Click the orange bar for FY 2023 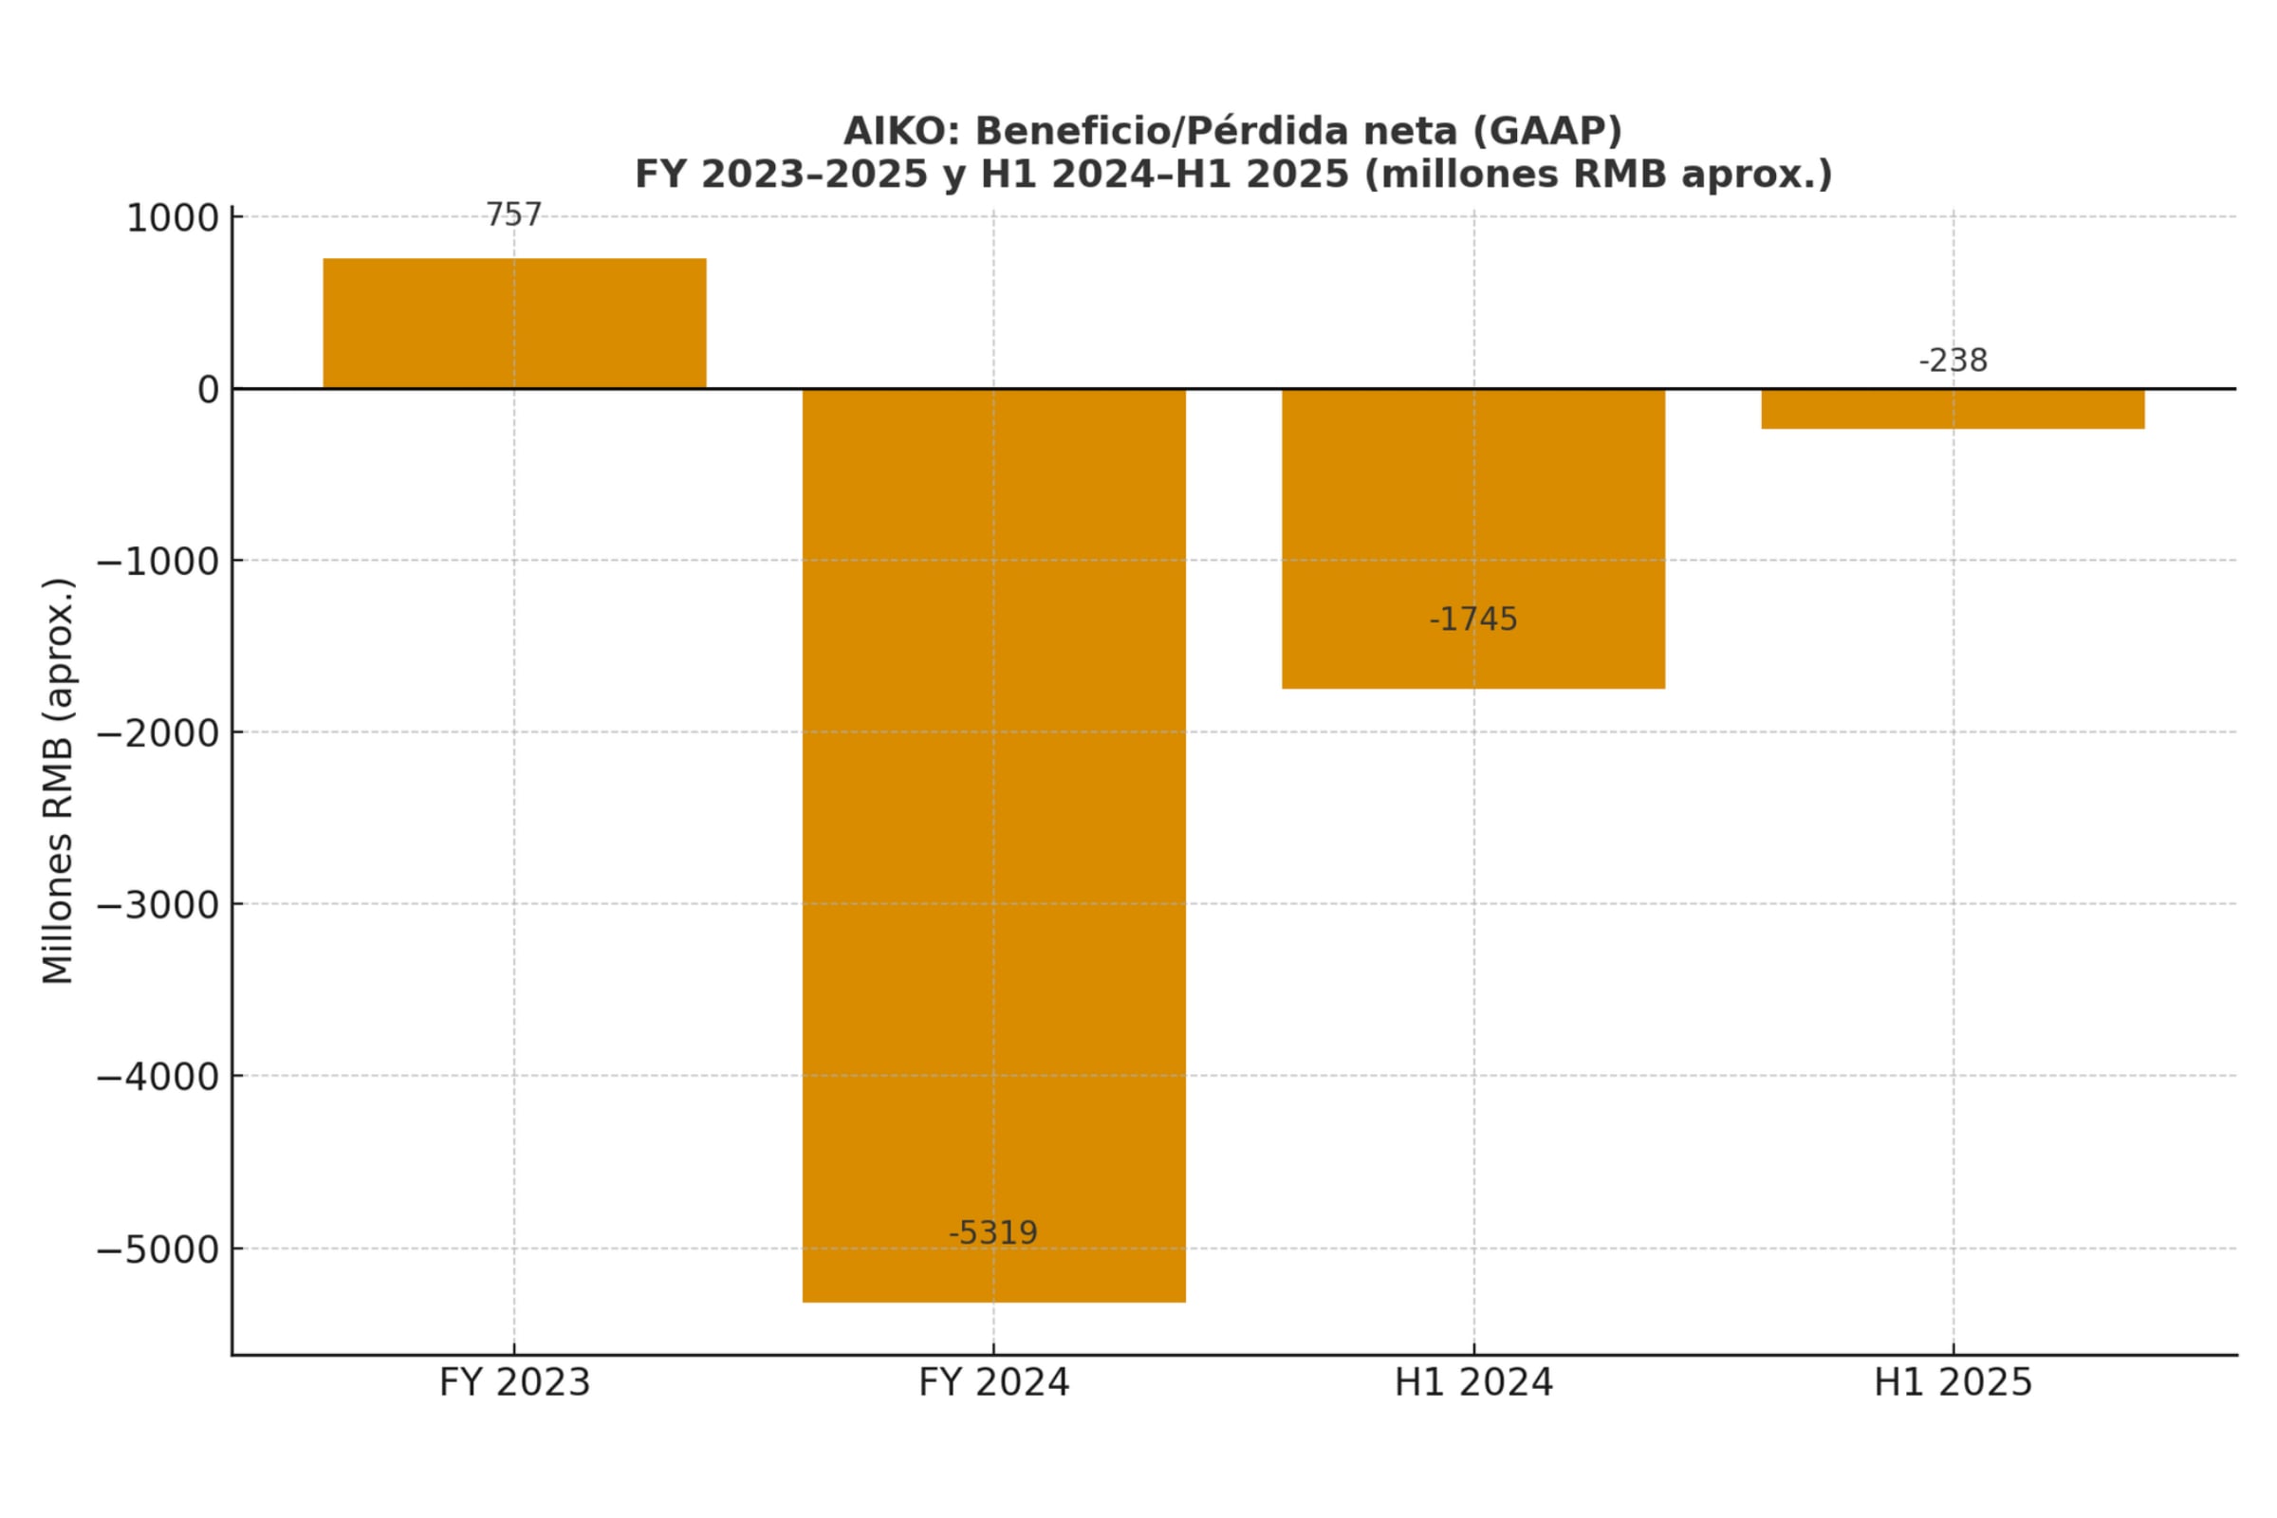(514, 324)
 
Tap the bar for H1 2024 (1472, 538)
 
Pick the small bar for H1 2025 (1952, 409)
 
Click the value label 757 (513, 215)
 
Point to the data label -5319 (992, 1233)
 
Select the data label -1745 (1472, 620)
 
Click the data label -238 (1952, 361)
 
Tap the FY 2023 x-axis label (514, 1382)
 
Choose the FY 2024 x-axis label (993, 1382)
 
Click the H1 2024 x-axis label (1472, 1382)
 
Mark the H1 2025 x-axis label (1952, 1382)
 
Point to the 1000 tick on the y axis (173, 219)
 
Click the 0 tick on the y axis (208, 390)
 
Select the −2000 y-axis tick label (157, 733)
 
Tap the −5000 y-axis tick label (157, 1250)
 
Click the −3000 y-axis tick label (157, 906)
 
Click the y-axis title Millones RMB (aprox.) (58, 780)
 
